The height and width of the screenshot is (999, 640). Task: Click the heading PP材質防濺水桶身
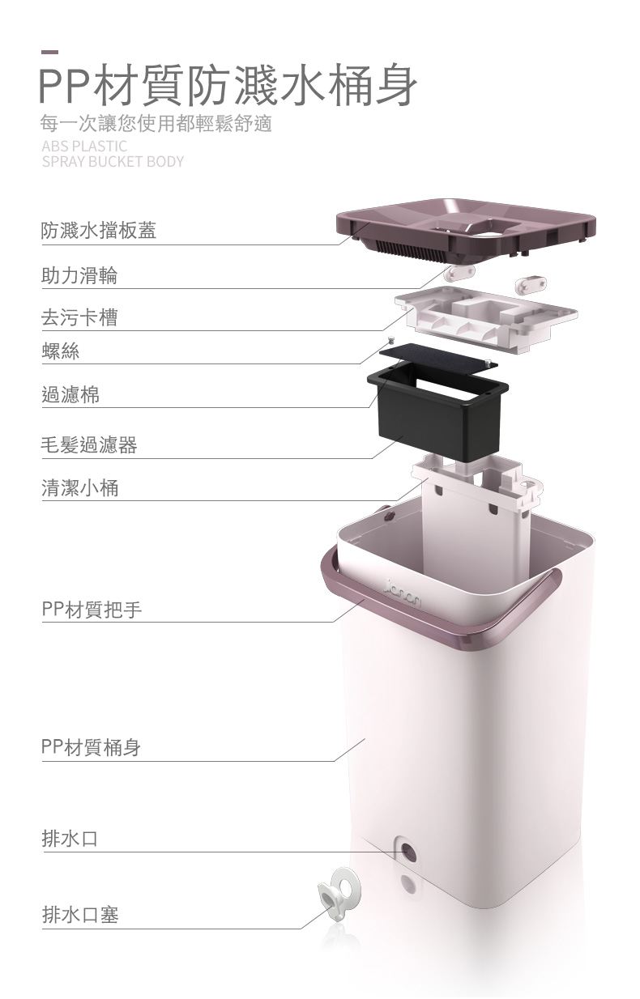click(x=228, y=85)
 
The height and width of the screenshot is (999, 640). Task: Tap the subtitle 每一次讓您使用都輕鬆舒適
click(x=156, y=123)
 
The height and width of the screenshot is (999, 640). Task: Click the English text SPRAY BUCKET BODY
click(x=113, y=161)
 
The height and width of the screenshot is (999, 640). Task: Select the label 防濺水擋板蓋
click(x=99, y=231)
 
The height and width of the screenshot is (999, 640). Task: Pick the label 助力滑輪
click(x=79, y=275)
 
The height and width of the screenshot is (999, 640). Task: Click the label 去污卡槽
click(x=79, y=317)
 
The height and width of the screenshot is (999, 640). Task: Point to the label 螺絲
click(x=60, y=351)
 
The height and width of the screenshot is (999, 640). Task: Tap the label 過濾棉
click(x=70, y=395)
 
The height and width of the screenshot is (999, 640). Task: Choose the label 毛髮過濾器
click(x=89, y=445)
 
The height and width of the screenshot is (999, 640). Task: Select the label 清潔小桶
click(x=80, y=487)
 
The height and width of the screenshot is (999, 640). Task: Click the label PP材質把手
click(x=92, y=610)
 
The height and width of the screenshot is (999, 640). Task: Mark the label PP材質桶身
click(x=91, y=747)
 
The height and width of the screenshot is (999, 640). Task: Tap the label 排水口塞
click(x=80, y=915)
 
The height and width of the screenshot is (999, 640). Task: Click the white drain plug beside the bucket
click(x=339, y=892)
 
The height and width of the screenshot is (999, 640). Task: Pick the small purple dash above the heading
click(x=49, y=52)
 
